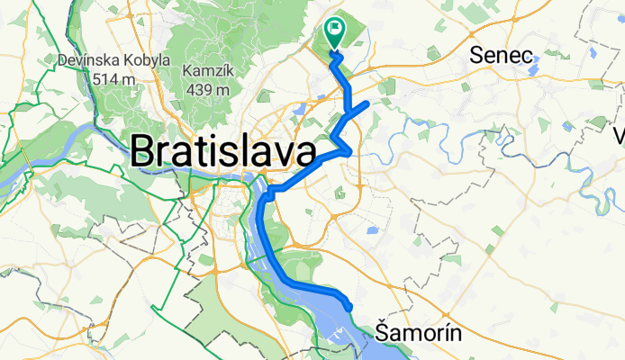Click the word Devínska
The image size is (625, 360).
pyautogui.click(x=89, y=61)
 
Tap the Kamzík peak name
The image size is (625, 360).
pyautogui.click(x=207, y=70)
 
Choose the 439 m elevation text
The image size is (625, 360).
pyautogui.click(x=207, y=88)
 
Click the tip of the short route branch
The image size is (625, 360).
pyautogui.click(x=367, y=104)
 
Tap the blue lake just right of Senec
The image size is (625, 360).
pyautogui.click(x=533, y=65)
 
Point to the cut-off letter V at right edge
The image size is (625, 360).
pyautogui.click(x=619, y=137)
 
